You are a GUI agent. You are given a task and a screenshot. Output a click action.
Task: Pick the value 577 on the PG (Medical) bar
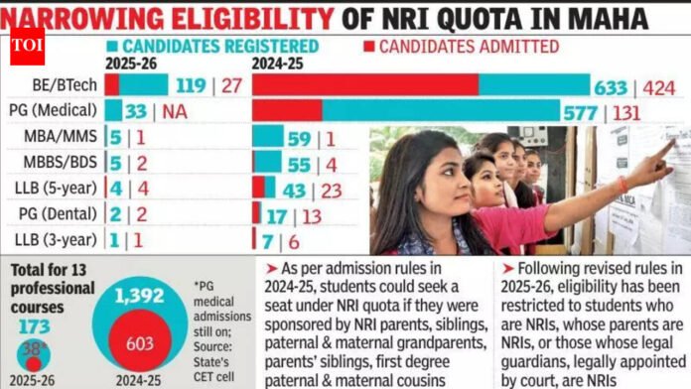coord(604,111)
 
